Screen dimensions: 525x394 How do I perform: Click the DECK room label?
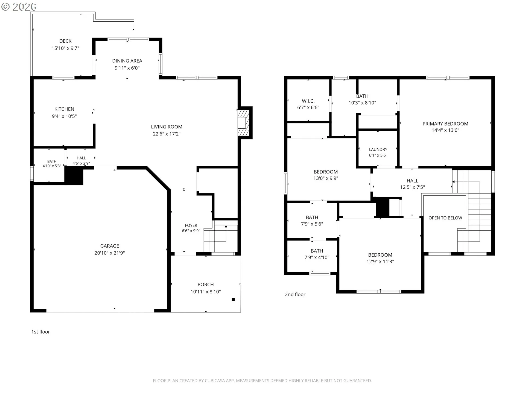pyautogui.click(x=65, y=41)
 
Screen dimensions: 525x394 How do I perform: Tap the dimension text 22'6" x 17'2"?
pyautogui.click(x=167, y=134)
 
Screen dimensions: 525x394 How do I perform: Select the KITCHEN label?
pyautogui.click(x=64, y=109)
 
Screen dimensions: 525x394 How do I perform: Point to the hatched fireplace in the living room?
pyautogui.click(x=243, y=123)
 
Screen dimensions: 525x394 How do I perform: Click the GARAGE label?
pyautogui.click(x=110, y=246)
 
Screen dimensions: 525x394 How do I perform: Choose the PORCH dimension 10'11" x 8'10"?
pyautogui.click(x=206, y=292)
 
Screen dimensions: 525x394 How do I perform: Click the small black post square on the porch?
pyautogui.click(x=233, y=299)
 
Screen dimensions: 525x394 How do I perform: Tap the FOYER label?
pyautogui.click(x=191, y=225)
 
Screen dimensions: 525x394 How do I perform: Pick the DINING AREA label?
pyautogui.click(x=127, y=61)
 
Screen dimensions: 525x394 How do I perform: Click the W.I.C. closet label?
pyautogui.click(x=308, y=101)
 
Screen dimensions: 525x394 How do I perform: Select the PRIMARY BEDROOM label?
pyautogui.click(x=445, y=124)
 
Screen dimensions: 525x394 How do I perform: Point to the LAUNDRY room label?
pyautogui.click(x=378, y=149)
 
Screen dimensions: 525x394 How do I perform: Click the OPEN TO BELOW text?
pyautogui.click(x=445, y=218)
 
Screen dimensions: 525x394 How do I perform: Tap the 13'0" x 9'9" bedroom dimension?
pyautogui.click(x=326, y=178)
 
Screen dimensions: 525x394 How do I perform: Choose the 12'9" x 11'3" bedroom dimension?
pyautogui.click(x=380, y=261)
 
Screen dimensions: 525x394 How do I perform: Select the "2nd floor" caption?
pyautogui.click(x=295, y=294)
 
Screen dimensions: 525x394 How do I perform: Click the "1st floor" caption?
pyautogui.click(x=40, y=332)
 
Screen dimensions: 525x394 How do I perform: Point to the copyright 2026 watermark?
pyautogui.click(x=19, y=7)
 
